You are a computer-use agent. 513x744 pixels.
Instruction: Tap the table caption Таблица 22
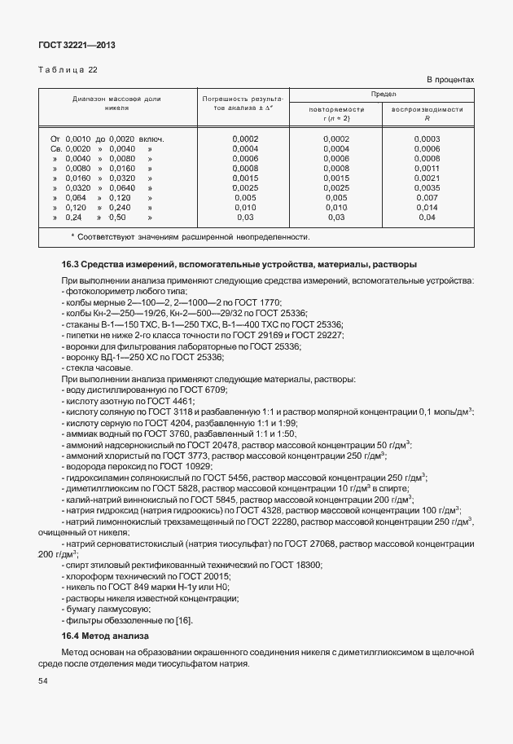click(x=68, y=70)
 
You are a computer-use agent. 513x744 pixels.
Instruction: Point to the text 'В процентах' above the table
click(x=450, y=80)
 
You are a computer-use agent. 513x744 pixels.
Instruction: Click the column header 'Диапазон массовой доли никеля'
click(x=116, y=103)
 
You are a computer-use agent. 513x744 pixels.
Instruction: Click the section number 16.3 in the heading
click(x=71, y=265)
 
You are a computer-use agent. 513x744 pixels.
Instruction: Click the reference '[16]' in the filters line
click(x=160, y=620)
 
